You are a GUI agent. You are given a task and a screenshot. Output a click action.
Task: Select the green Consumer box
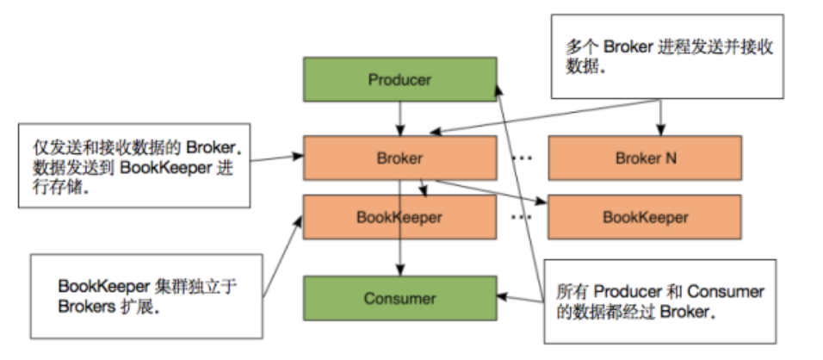399,299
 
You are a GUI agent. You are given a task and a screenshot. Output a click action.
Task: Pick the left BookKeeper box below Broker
399,217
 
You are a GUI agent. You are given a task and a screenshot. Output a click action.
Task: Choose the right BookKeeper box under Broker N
645,217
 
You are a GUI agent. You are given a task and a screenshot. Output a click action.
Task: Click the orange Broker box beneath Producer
399,158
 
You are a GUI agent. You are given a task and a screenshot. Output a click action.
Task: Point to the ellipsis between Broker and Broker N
522,158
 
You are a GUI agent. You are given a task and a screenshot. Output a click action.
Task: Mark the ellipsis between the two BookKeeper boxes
522,218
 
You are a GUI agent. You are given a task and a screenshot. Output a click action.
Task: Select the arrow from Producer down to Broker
399,119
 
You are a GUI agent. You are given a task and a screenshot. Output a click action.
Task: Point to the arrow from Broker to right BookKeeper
491,191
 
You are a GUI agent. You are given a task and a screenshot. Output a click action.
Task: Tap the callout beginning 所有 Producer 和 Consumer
659,301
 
